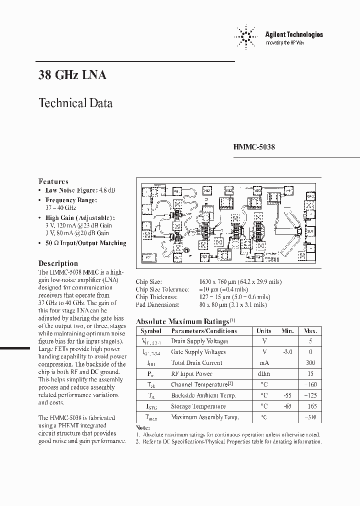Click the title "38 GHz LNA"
[x=72, y=75]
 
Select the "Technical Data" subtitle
[x=75, y=103]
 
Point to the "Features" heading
[x=53, y=181]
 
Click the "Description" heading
[x=58, y=263]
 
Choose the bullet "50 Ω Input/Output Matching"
[x=85, y=243]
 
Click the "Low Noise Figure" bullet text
[x=80, y=190]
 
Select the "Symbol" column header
[x=151, y=331]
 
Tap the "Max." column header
[x=310, y=331]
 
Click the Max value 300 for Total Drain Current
[x=310, y=363]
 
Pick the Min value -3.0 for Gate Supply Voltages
[x=287, y=352]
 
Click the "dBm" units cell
[x=263, y=374]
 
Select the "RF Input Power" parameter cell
[x=192, y=374]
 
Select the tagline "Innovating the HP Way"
[x=286, y=43]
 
